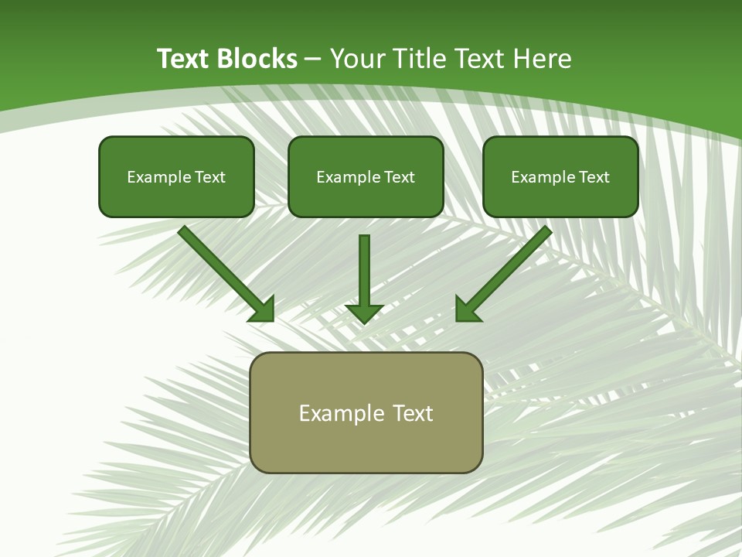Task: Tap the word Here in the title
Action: [x=544, y=58]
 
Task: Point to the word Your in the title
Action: [x=358, y=58]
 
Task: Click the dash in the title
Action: [x=313, y=59]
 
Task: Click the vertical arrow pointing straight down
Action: [x=364, y=271]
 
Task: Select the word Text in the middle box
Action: [x=400, y=177]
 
